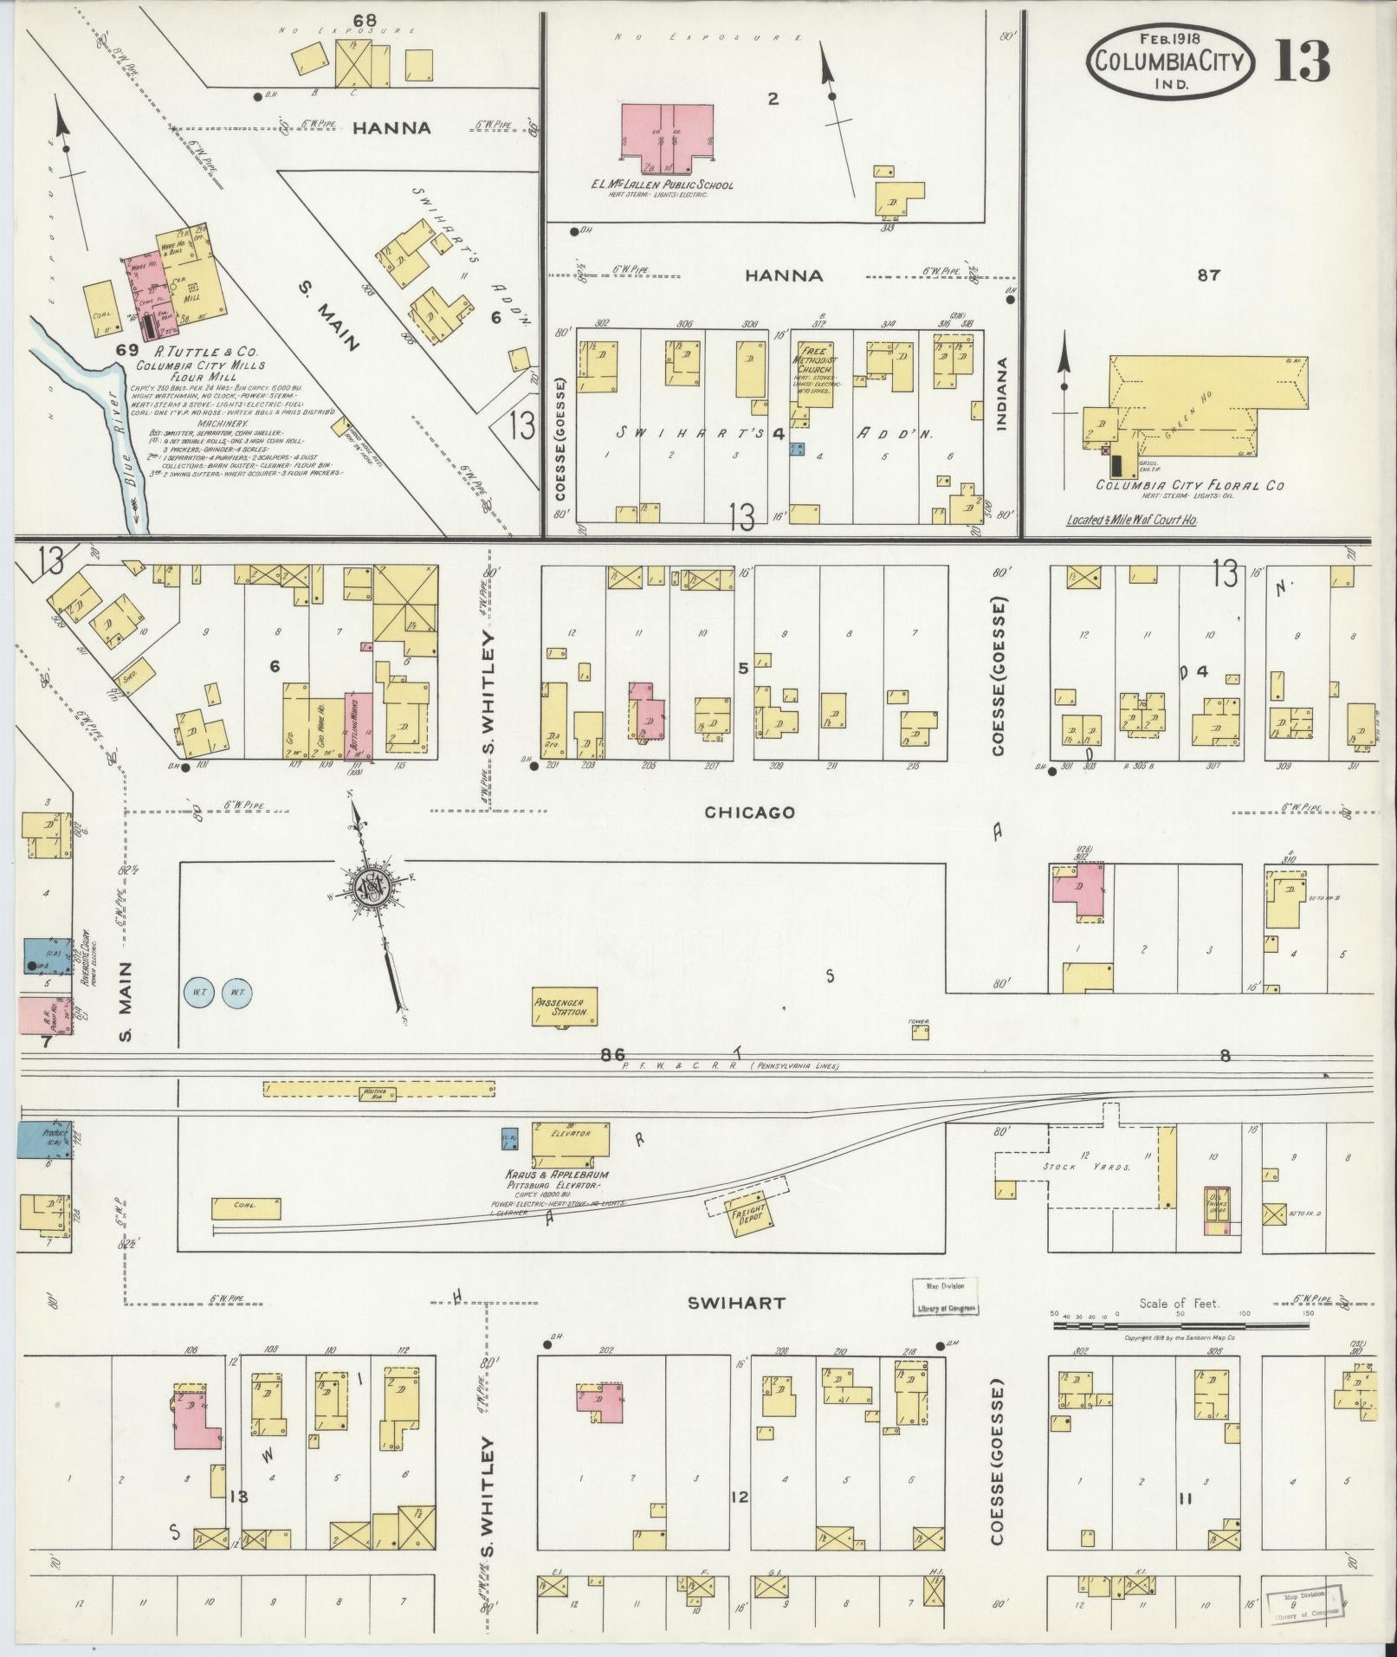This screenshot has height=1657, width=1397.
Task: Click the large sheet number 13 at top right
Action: coord(1301,61)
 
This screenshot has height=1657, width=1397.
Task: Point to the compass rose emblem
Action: coord(372,888)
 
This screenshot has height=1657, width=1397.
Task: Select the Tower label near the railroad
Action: coord(918,1022)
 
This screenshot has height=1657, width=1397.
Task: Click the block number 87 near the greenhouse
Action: coord(1208,275)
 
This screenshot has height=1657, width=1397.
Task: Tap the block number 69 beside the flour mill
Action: coord(127,350)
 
